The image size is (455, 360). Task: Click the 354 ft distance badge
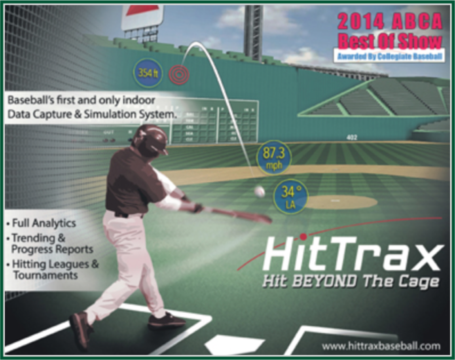pyautogui.click(x=148, y=72)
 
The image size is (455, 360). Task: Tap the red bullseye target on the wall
pyautogui.click(x=179, y=75)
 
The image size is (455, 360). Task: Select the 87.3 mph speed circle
pyautogui.click(x=274, y=158)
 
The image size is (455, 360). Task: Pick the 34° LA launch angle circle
pyautogui.click(x=290, y=196)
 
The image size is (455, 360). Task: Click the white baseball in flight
pyautogui.click(x=259, y=192)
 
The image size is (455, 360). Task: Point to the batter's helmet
pyautogui.click(x=150, y=140)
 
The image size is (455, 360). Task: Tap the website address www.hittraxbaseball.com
pyautogui.click(x=381, y=346)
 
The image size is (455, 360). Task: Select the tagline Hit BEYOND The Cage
pyautogui.click(x=351, y=281)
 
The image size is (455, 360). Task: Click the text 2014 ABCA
pyautogui.click(x=390, y=20)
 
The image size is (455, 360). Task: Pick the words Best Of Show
pyautogui.click(x=390, y=41)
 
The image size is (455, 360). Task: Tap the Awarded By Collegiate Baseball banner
pyautogui.click(x=389, y=56)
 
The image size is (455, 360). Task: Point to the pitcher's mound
pyautogui.click(x=340, y=202)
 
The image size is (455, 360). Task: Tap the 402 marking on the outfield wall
pyautogui.click(x=351, y=138)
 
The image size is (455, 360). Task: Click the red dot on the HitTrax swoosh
pyautogui.click(x=303, y=236)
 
